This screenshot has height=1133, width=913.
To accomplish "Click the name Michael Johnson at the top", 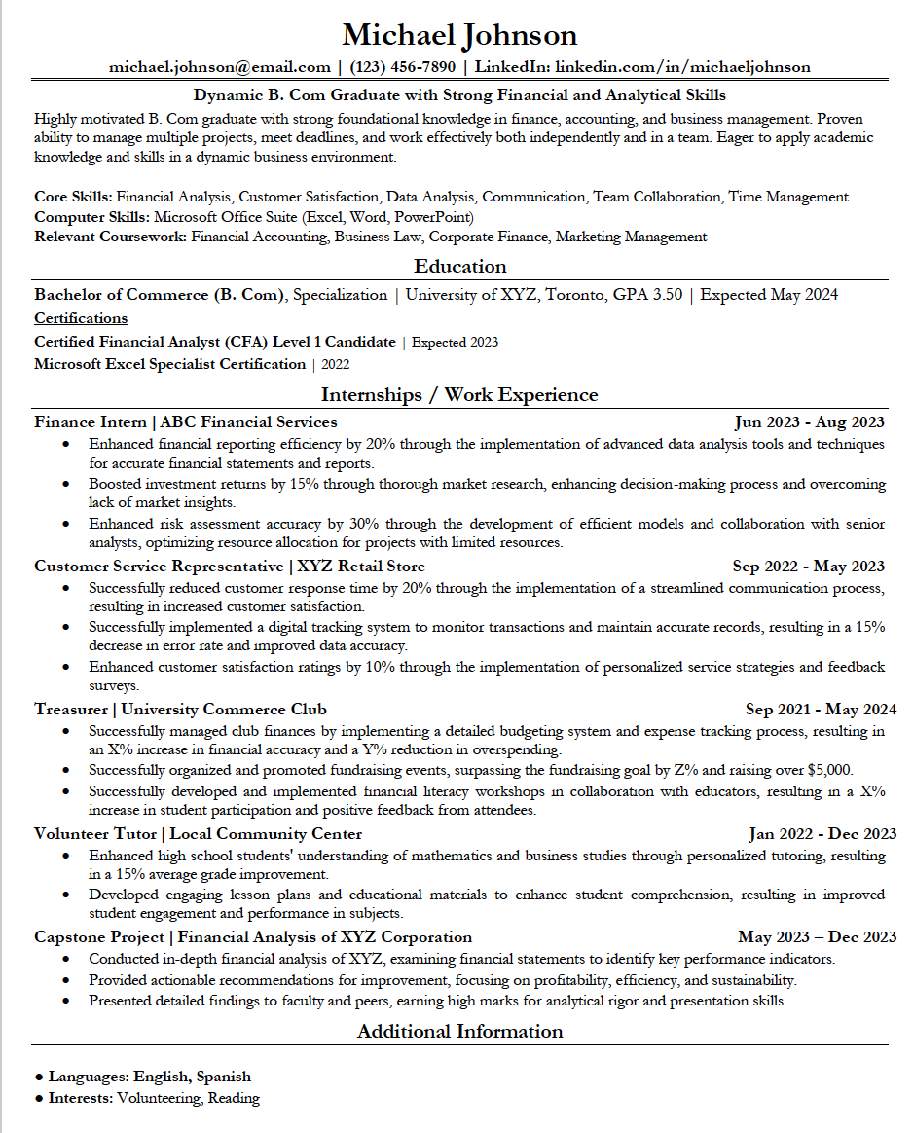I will (x=459, y=36).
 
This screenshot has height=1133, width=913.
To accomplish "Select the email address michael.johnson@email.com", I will (x=219, y=67).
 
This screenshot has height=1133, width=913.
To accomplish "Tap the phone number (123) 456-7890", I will (x=401, y=67).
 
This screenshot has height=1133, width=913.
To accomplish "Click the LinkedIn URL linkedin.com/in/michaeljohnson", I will (x=681, y=67).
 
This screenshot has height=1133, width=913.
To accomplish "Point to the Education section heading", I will (x=459, y=267).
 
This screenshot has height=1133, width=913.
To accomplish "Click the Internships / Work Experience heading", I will (x=459, y=395).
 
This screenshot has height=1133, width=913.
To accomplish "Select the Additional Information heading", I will (x=459, y=1032).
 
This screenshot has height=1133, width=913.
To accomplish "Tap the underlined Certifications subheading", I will (x=81, y=318).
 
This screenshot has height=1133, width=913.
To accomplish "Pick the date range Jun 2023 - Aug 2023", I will (x=809, y=422).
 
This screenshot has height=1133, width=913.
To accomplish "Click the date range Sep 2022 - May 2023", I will (x=808, y=566).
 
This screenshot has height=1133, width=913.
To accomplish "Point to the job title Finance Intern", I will (x=91, y=422).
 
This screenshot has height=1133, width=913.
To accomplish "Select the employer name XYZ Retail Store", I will (x=361, y=566).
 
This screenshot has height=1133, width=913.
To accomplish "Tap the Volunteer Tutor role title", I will (x=96, y=834).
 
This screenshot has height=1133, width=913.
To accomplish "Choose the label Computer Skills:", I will (x=91, y=217).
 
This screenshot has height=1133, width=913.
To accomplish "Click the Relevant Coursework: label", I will (x=110, y=237).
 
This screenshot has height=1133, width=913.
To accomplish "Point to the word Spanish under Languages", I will (x=223, y=1078).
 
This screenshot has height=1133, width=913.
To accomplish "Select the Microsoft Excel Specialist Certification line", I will (x=169, y=365).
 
